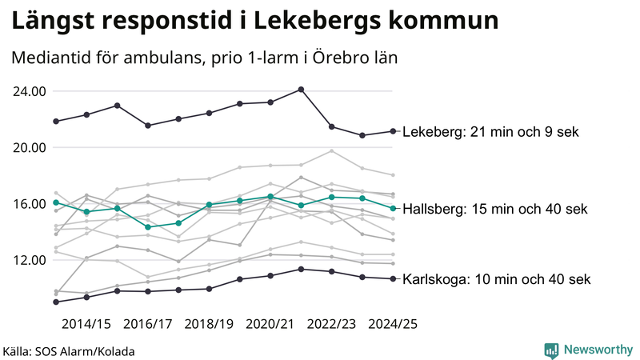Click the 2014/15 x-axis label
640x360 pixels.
(86, 324)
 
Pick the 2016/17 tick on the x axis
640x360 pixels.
(148, 324)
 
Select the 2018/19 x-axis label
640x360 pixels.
(209, 324)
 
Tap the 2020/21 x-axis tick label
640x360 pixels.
(270, 324)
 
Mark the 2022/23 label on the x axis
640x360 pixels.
(331, 324)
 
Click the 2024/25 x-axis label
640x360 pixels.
(393, 324)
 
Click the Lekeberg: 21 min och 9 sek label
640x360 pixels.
(490, 132)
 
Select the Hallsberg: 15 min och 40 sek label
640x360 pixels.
(494, 209)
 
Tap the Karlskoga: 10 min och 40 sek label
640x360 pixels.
(496, 279)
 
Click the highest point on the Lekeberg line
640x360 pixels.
(301, 90)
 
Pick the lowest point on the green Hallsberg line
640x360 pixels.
(148, 227)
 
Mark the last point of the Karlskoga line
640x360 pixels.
(393, 278)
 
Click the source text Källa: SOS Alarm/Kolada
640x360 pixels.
(69, 350)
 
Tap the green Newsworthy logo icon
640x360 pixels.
(551, 350)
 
